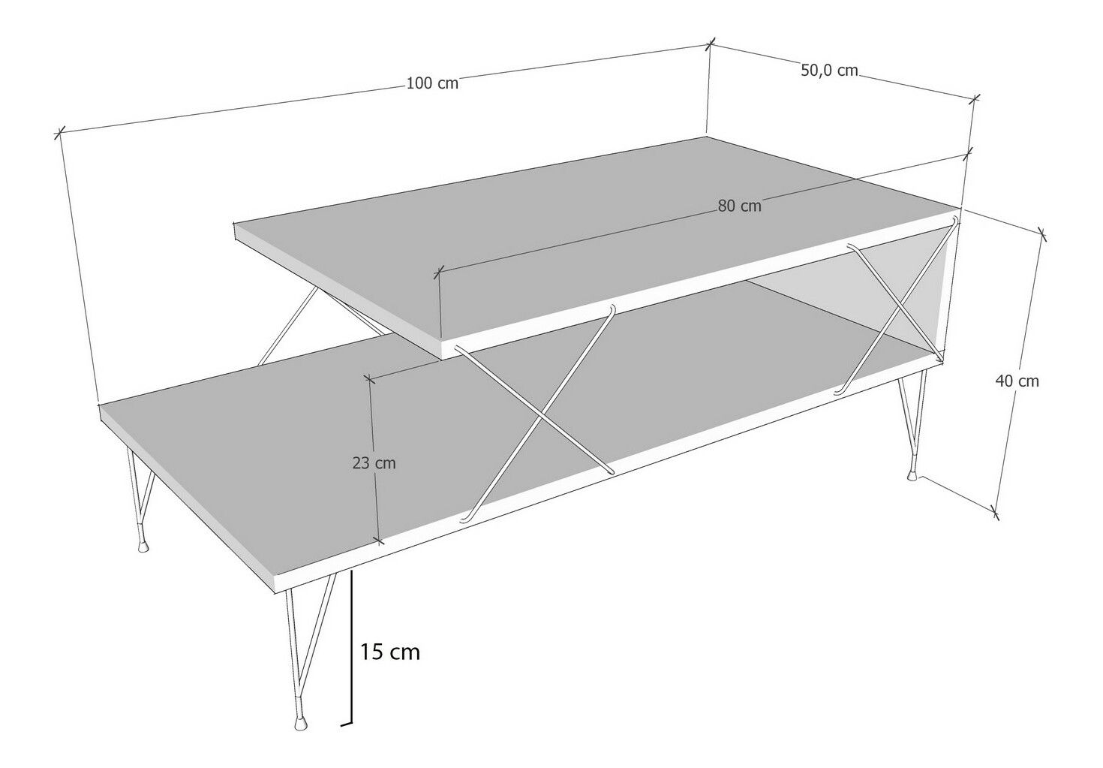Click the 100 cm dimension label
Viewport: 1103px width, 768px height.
point(432,83)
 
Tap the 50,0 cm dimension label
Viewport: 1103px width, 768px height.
point(829,71)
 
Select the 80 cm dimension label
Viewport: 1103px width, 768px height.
point(739,206)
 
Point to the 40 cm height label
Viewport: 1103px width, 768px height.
point(1017,381)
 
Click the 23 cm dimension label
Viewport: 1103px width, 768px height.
point(374,463)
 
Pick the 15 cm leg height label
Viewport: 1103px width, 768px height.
point(390,652)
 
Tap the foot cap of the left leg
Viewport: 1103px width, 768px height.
point(143,547)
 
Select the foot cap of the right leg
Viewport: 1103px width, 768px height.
point(912,475)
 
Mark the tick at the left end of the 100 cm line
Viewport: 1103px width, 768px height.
point(59,133)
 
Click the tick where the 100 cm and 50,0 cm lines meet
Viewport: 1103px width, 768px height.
point(710,45)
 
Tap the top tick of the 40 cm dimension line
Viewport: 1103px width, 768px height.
point(1041,234)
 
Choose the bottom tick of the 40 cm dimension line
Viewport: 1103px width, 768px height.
point(995,514)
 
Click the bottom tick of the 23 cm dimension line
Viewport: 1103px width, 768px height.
point(378,541)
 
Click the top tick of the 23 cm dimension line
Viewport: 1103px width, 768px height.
point(368,378)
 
